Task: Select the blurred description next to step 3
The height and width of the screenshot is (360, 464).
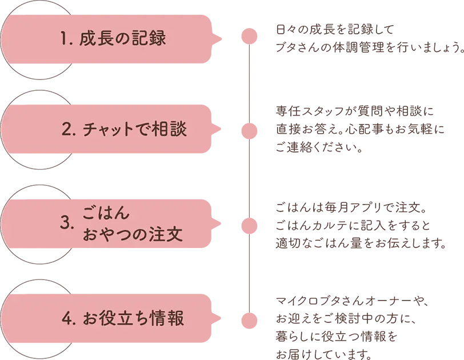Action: pyautogui.click(x=354, y=225)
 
